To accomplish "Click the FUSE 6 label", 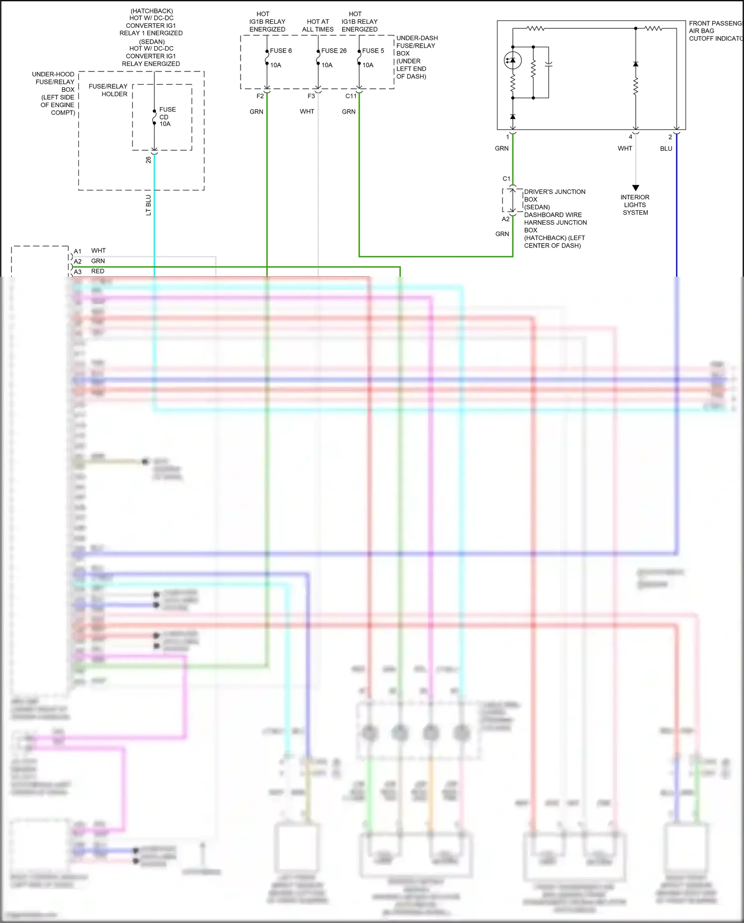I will [x=281, y=51].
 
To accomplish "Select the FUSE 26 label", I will [x=333, y=51].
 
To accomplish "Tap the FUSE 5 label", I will [x=373, y=51].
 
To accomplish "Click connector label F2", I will [x=260, y=96].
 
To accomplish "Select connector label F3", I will [x=311, y=96].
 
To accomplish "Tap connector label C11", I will [x=351, y=96].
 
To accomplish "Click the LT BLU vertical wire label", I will [x=148, y=205].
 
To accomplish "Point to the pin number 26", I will [x=148, y=160].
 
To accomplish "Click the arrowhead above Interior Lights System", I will [x=635, y=188].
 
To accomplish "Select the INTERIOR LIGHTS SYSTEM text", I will [x=635, y=205].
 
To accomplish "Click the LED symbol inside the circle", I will [x=512, y=61].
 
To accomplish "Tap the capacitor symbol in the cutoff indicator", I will [x=549, y=64].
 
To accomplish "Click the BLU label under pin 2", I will [x=666, y=149].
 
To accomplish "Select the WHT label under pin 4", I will [x=624, y=149].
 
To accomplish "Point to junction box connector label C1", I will [x=506, y=179].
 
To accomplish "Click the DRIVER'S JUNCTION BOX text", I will [x=554, y=195].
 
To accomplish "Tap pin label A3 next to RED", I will [x=78, y=272].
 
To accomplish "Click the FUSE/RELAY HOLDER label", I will [x=108, y=90].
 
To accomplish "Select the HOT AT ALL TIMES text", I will [x=317, y=25].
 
